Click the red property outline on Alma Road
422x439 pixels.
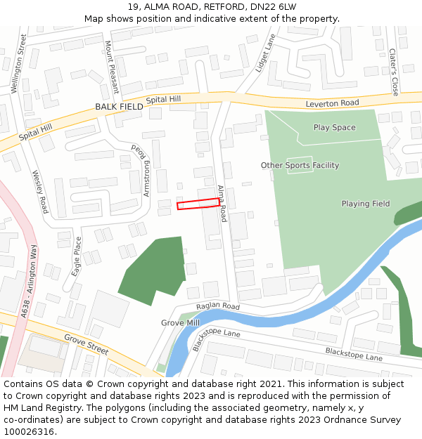pos(198,204)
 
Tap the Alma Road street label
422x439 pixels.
pos(222,204)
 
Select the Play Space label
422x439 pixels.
pos(334,128)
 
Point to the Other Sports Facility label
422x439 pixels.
pos(300,166)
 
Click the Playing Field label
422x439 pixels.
pos(365,204)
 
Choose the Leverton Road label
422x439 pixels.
pos(332,103)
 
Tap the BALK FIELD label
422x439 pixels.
pos(119,107)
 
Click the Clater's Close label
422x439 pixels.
pos(394,72)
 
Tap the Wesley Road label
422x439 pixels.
pos(40,192)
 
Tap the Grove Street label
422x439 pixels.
pos(87,343)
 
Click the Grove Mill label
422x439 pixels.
pos(180,322)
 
